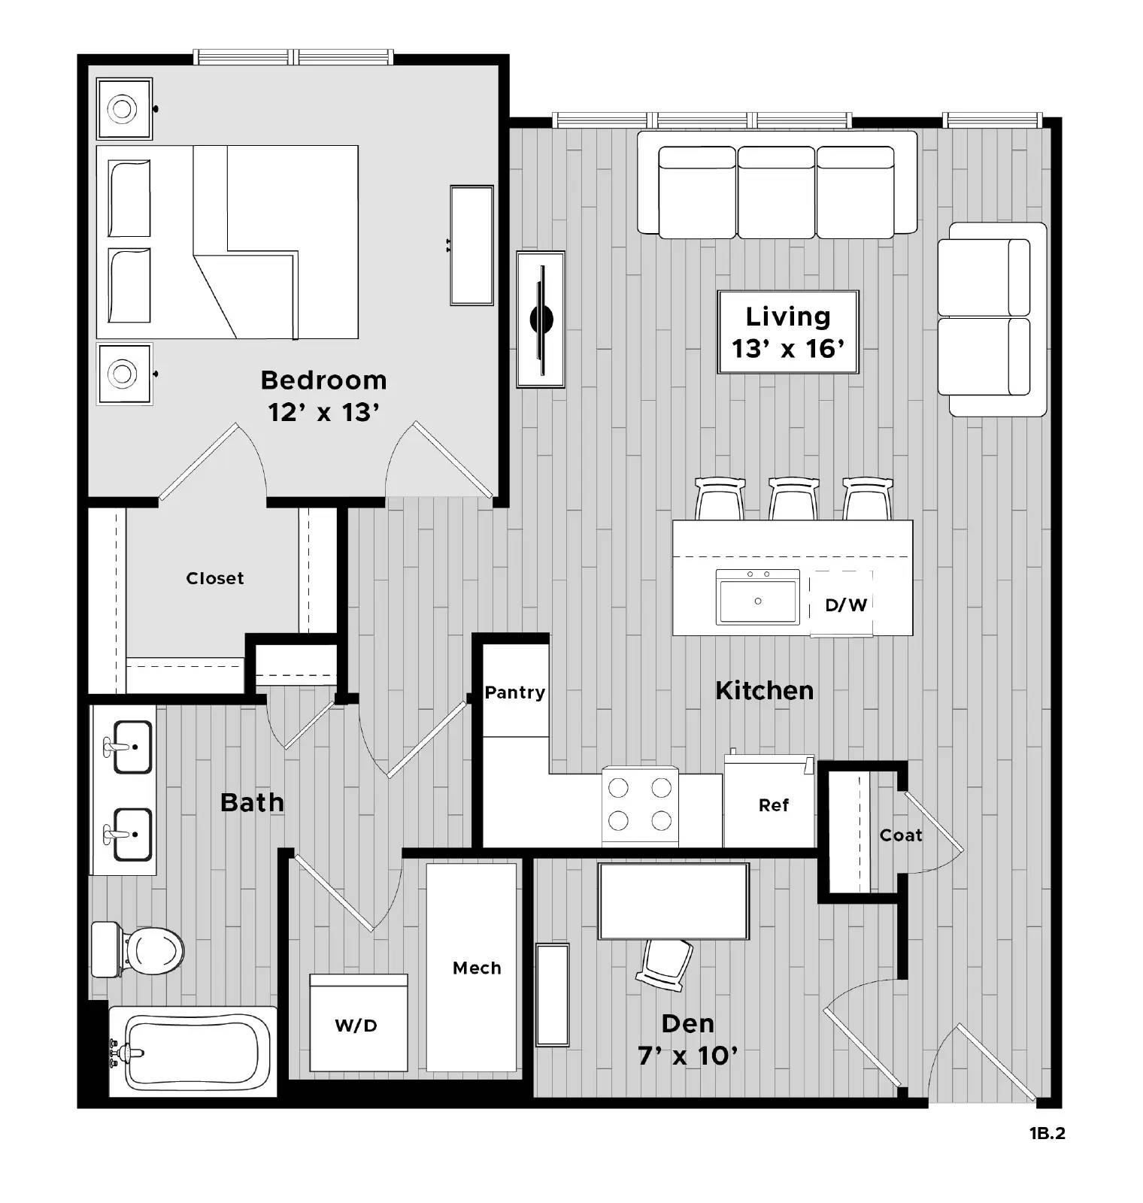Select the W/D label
click(x=356, y=1026)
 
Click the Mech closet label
click(x=477, y=968)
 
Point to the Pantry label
click(x=514, y=692)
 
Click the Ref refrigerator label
click(x=774, y=805)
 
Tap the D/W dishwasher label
click(x=846, y=605)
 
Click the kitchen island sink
click(x=757, y=598)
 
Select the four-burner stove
click(x=640, y=804)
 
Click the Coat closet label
click(x=900, y=835)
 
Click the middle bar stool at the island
click(x=793, y=498)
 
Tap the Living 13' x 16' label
click(x=788, y=332)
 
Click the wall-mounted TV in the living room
click(x=541, y=320)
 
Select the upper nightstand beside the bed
click(x=124, y=109)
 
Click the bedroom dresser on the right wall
click(x=471, y=245)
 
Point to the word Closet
click(x=215, y=578)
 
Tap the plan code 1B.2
click(x=1047, y=1133)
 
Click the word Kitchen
click(x=764, y=690)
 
